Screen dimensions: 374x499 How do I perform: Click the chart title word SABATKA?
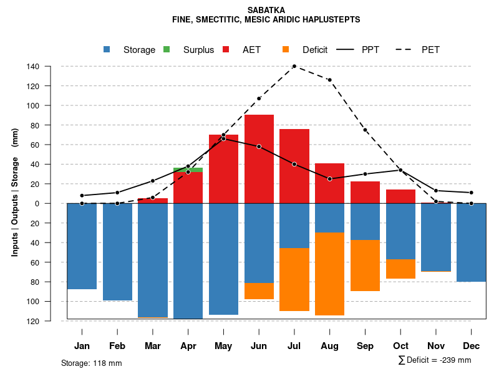click(266, 10)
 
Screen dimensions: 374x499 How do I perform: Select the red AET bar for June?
click(259, 159)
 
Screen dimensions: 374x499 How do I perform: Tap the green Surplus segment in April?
click(188, 170)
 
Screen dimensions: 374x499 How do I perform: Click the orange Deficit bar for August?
click(330, 274)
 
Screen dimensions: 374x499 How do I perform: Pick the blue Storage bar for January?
click(82, 246)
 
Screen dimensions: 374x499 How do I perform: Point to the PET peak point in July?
click(294, 66)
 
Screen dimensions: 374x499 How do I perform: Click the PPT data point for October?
click(400, 170)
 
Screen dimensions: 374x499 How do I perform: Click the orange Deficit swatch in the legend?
click(286, 50)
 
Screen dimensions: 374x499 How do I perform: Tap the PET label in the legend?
click(430, 50)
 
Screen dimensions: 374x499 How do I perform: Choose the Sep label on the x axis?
click(365, 346)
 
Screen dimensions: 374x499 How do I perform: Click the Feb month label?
click(117, 346)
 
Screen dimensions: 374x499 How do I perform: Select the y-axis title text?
click(15, 192)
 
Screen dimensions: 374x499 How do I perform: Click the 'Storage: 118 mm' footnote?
click(91, 363)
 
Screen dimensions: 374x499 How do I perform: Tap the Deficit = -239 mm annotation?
click(435, 360)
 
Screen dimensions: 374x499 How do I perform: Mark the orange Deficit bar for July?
click(294, 279)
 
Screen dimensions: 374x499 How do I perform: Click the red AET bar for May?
click(223, 169)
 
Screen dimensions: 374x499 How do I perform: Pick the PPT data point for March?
click(152, 181)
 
